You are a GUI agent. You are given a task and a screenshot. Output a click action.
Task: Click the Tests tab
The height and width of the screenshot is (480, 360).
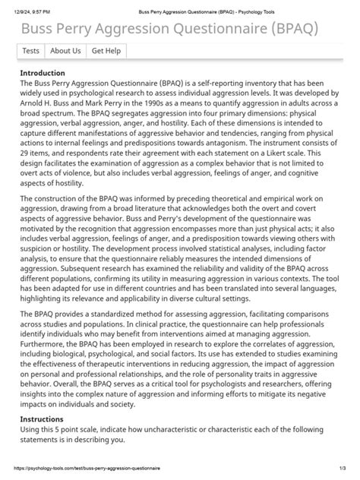tap(31, 51)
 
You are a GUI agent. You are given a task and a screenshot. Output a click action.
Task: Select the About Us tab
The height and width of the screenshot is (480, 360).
tap(65, 51)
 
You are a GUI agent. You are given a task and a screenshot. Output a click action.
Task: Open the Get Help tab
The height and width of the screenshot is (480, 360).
tap(106, 51)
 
